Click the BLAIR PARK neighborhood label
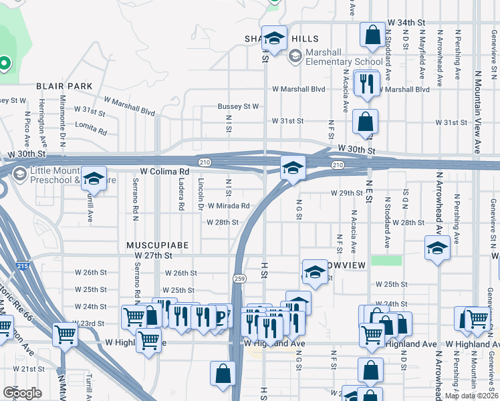coord(64,86)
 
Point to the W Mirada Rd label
coord(228,206)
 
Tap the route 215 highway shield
coord(23,266)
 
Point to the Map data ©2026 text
coord(471,396)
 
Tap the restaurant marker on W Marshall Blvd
coord(366,83)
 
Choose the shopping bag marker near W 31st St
coord(366,122)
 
